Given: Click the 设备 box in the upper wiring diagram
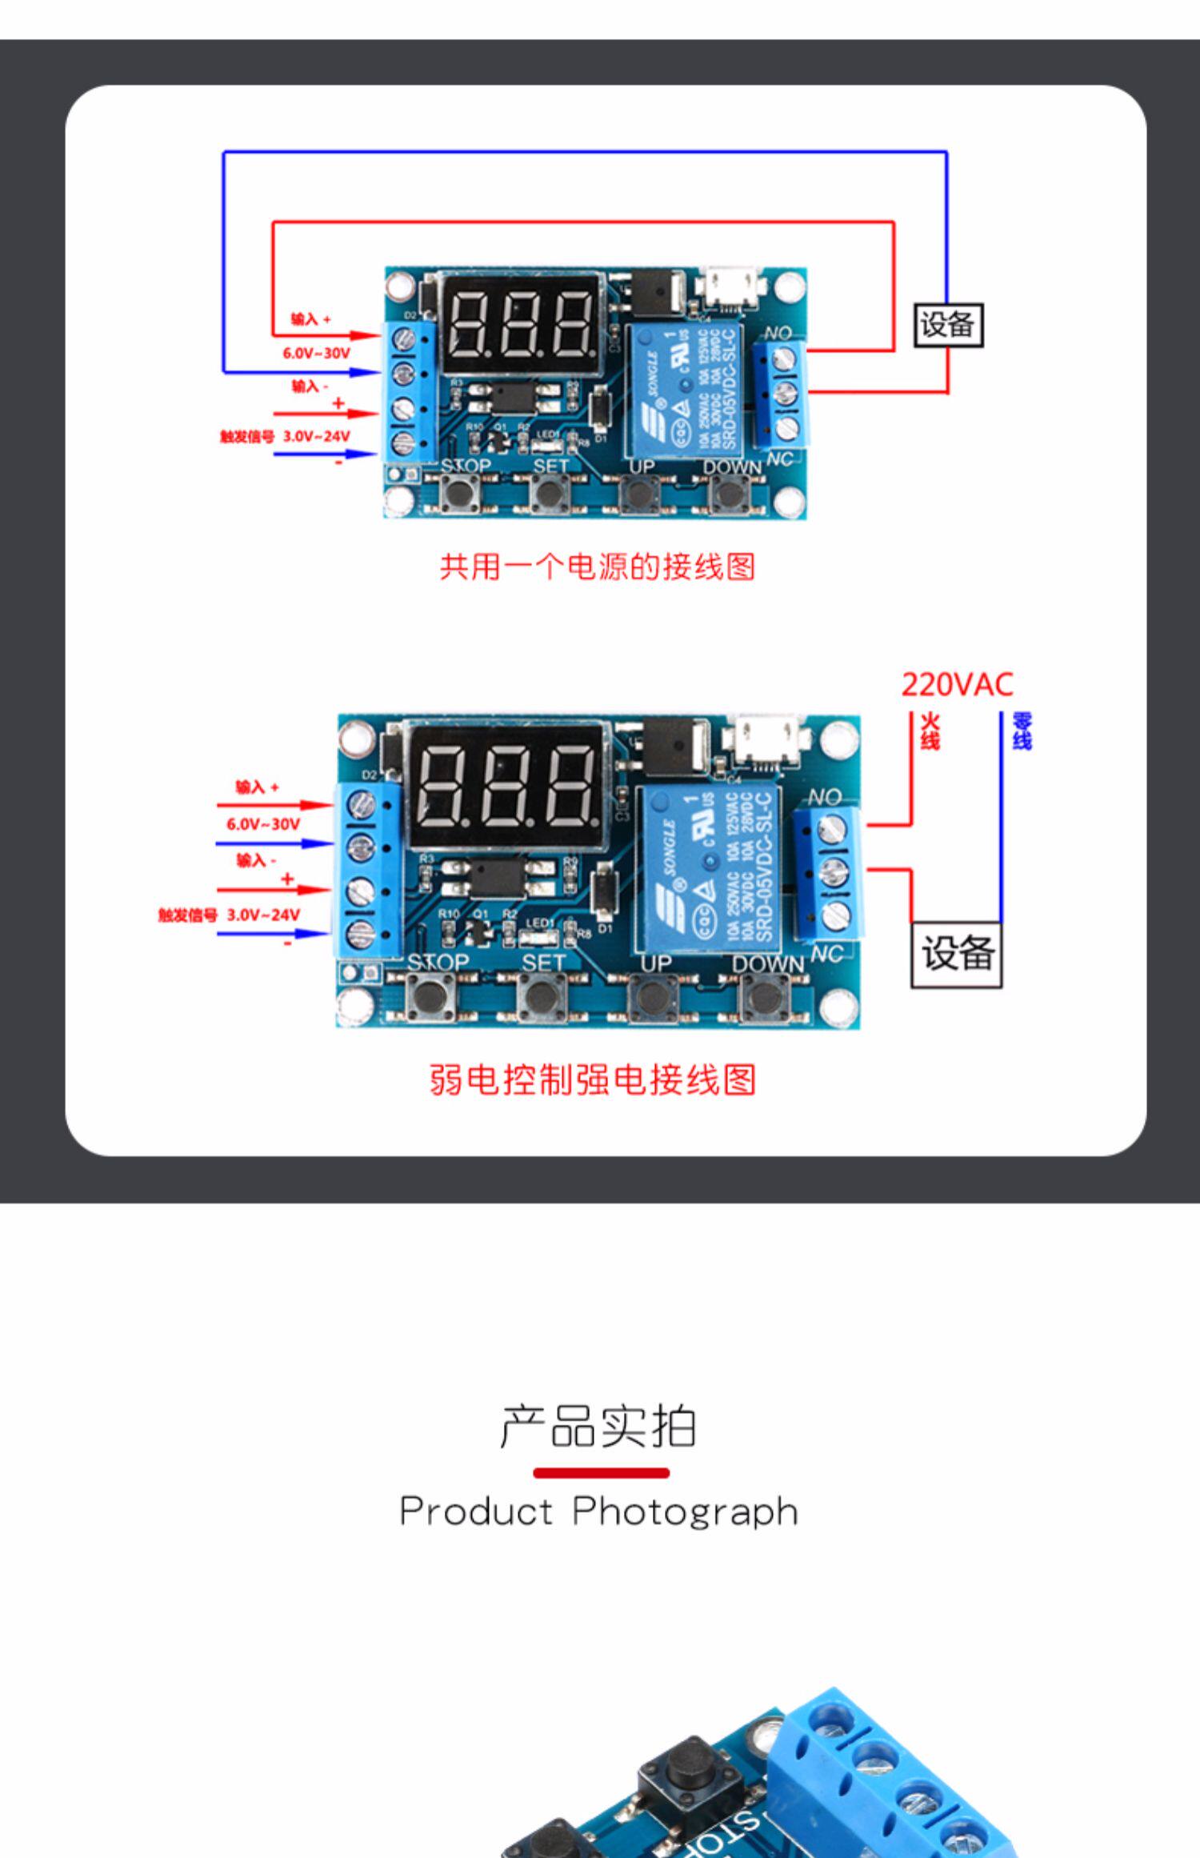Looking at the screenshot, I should tap(948, 326).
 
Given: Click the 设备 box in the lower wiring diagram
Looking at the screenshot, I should tap(956, 955).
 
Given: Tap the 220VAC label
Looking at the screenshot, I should tap(957, 685).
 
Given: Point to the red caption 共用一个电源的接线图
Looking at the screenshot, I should tap(598, 567).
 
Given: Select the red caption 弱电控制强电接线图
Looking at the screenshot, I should tap(593, 1079).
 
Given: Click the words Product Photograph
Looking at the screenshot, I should tap(598, 1512).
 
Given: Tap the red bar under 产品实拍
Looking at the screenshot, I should tap(601, 1473).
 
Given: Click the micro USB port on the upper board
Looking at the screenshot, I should tap(728, 289).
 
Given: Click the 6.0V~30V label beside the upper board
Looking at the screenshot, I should tap(316, 353).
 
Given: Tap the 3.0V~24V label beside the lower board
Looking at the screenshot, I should tap(263, 915).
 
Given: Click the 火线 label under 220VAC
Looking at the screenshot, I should tap(929, 731).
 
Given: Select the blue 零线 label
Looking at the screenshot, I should tap(1022, 731).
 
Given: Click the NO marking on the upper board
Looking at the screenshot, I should tap(778, 333).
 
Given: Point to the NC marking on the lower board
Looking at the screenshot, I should tap(826, 953).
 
